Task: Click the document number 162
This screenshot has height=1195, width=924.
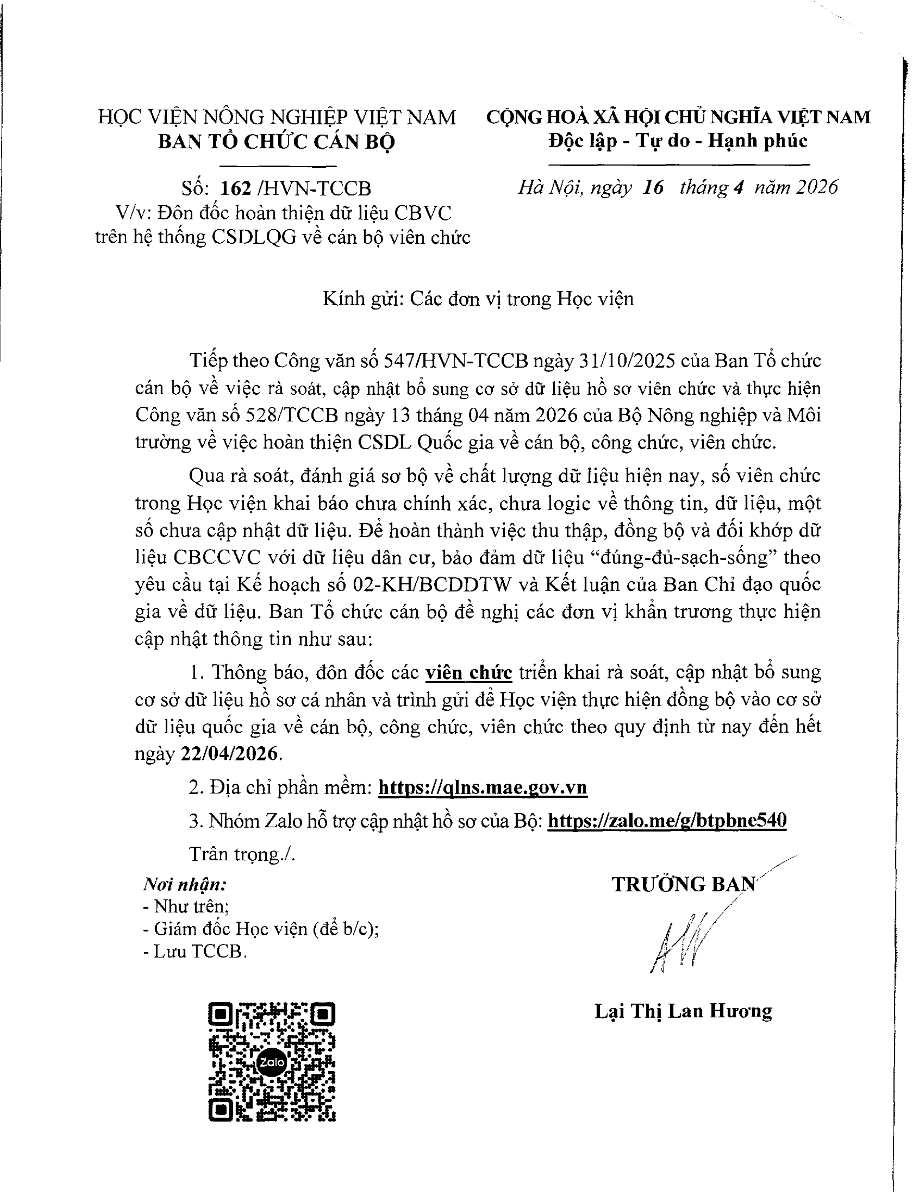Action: pyautogui.click(x=236, y=188)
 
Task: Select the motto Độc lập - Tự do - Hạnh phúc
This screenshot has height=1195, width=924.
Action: pyautogui.click(x=678, y=141)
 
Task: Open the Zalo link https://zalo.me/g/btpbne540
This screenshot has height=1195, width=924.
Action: pyautogui.click(x=667, y=821)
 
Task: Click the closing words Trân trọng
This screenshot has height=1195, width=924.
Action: pyautogui.click(x=241, y=854)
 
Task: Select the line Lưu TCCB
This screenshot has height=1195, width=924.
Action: pyautogui.click(x=195, y=952)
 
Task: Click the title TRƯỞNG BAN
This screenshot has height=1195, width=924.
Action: pyautogui.click(x=683, y=884)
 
